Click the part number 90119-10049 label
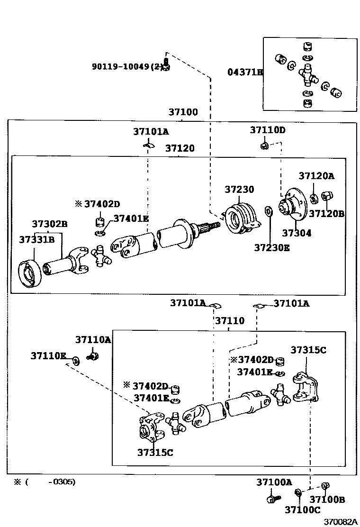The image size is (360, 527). pos(126,67)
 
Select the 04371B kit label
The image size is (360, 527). pos(244,72)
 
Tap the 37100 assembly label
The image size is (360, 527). pos(183,113)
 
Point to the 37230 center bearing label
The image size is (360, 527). pos(239,190)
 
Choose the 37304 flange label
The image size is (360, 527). pos(297,233)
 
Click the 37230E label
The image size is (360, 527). pos(271,247)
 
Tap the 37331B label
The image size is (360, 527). pos(37,240)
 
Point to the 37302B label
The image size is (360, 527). pos(50,224)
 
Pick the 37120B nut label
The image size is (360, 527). pos(326,214)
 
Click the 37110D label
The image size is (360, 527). pos(268,130)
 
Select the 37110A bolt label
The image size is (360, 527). pos(93,339)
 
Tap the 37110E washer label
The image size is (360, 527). pos(48,355)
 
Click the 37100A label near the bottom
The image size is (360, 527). pos(274,482)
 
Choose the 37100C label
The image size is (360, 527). pos(302,509)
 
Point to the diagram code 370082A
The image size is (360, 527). pos(340,521)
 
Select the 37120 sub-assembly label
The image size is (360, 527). pos(180,148)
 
